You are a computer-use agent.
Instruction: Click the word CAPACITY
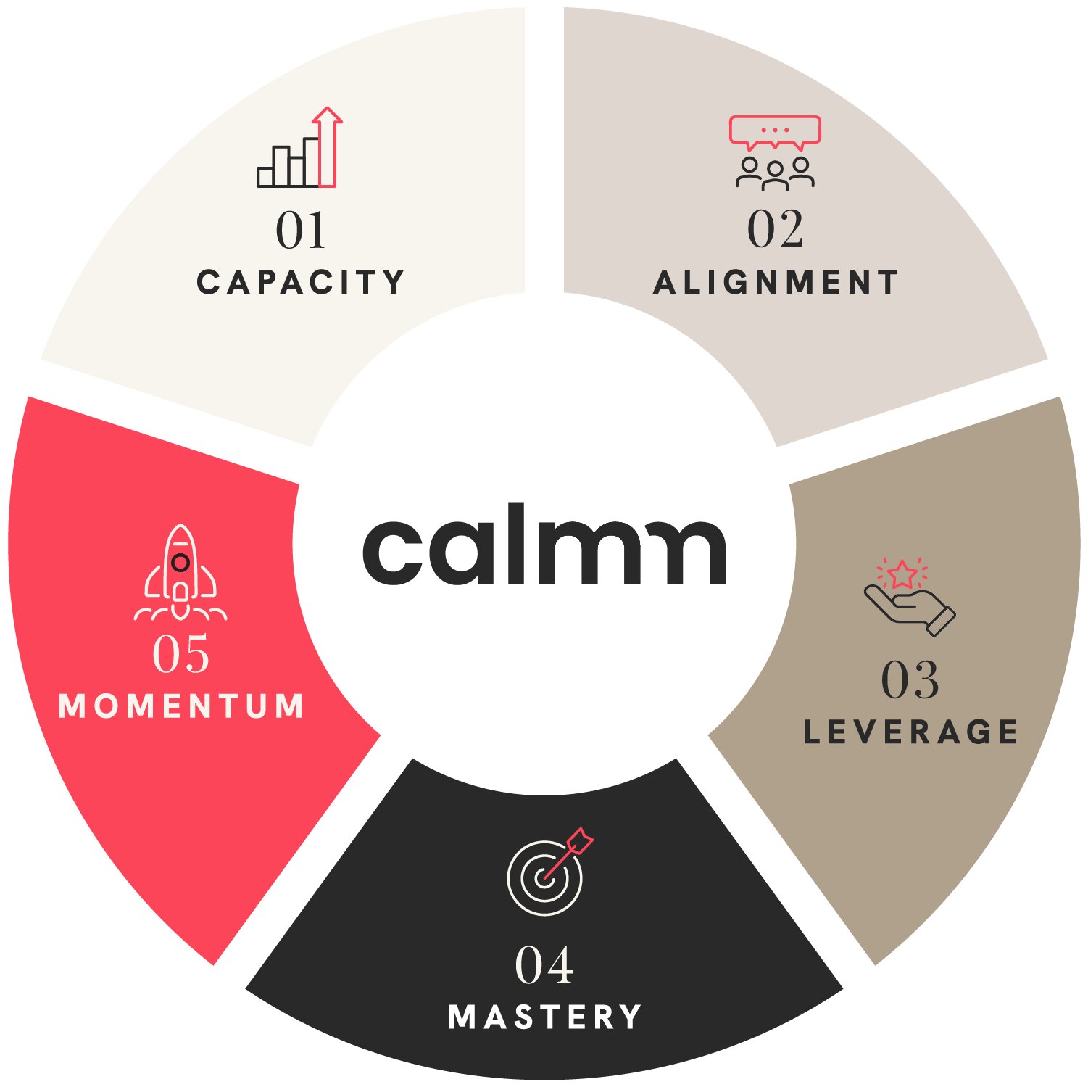(x=300, y=282)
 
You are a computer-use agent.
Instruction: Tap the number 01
(x=301, y=231)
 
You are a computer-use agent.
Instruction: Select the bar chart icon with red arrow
(x=299, y=149)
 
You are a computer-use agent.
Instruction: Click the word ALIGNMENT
(x=776, y=282)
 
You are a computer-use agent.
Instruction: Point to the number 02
(x=775, y=229)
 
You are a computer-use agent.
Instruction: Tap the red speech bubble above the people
(x=775, y=131)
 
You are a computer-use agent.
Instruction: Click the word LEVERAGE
(x=910, y=732)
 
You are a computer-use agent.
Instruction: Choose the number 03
(x=910, y=680)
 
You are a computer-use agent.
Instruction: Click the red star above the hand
(x=902, y=574)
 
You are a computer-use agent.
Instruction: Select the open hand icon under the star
(x=910, y=608)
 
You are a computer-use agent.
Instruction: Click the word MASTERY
(x=544, y=1017)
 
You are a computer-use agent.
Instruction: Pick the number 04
(x=544, y=965)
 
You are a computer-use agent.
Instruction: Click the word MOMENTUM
(x=180, y=706)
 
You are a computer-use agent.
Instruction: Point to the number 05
(x=180, y=653)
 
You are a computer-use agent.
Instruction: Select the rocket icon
(x=180, y=573)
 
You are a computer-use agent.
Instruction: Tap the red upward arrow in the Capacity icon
(x=327, y=145)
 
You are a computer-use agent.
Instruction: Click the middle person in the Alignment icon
(x=775, y=176)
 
